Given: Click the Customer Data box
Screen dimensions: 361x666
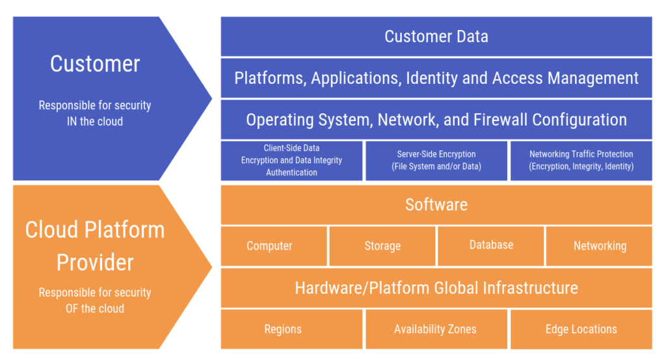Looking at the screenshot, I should (x=436, y=36).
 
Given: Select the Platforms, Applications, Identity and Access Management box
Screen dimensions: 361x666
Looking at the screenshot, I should (x=436, y=78).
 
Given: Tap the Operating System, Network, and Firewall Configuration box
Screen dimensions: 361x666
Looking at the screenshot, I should (x=436, y=120).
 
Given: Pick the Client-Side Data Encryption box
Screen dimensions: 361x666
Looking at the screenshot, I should (x=291, y=160).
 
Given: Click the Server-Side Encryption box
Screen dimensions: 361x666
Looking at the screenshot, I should (x=436, y=160).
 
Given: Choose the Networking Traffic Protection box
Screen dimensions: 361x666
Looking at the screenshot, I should (x=581, y=160).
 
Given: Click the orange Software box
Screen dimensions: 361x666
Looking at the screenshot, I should (x=436, y=205).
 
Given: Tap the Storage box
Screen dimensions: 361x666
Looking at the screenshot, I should (x=382, y=246).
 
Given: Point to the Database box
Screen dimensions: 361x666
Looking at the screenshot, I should (x=491, y=245).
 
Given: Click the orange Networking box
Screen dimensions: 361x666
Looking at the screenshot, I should (x=599, y=246).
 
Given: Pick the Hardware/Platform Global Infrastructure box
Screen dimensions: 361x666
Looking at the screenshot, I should (x=436, y=287).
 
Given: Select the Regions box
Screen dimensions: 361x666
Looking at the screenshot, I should (x=291, y=329).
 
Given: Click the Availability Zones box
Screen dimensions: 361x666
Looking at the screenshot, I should (x=436, y=329).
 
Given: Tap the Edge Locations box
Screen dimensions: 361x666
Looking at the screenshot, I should (x=581, y=329).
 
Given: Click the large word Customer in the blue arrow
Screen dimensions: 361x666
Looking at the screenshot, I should (x=95, y=64).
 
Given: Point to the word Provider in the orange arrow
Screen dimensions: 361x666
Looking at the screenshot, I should (x=95, y=262).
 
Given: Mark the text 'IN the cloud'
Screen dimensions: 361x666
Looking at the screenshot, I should (x=95, y=121).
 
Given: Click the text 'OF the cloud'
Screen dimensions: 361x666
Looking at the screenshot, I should (x=95, y=308).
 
